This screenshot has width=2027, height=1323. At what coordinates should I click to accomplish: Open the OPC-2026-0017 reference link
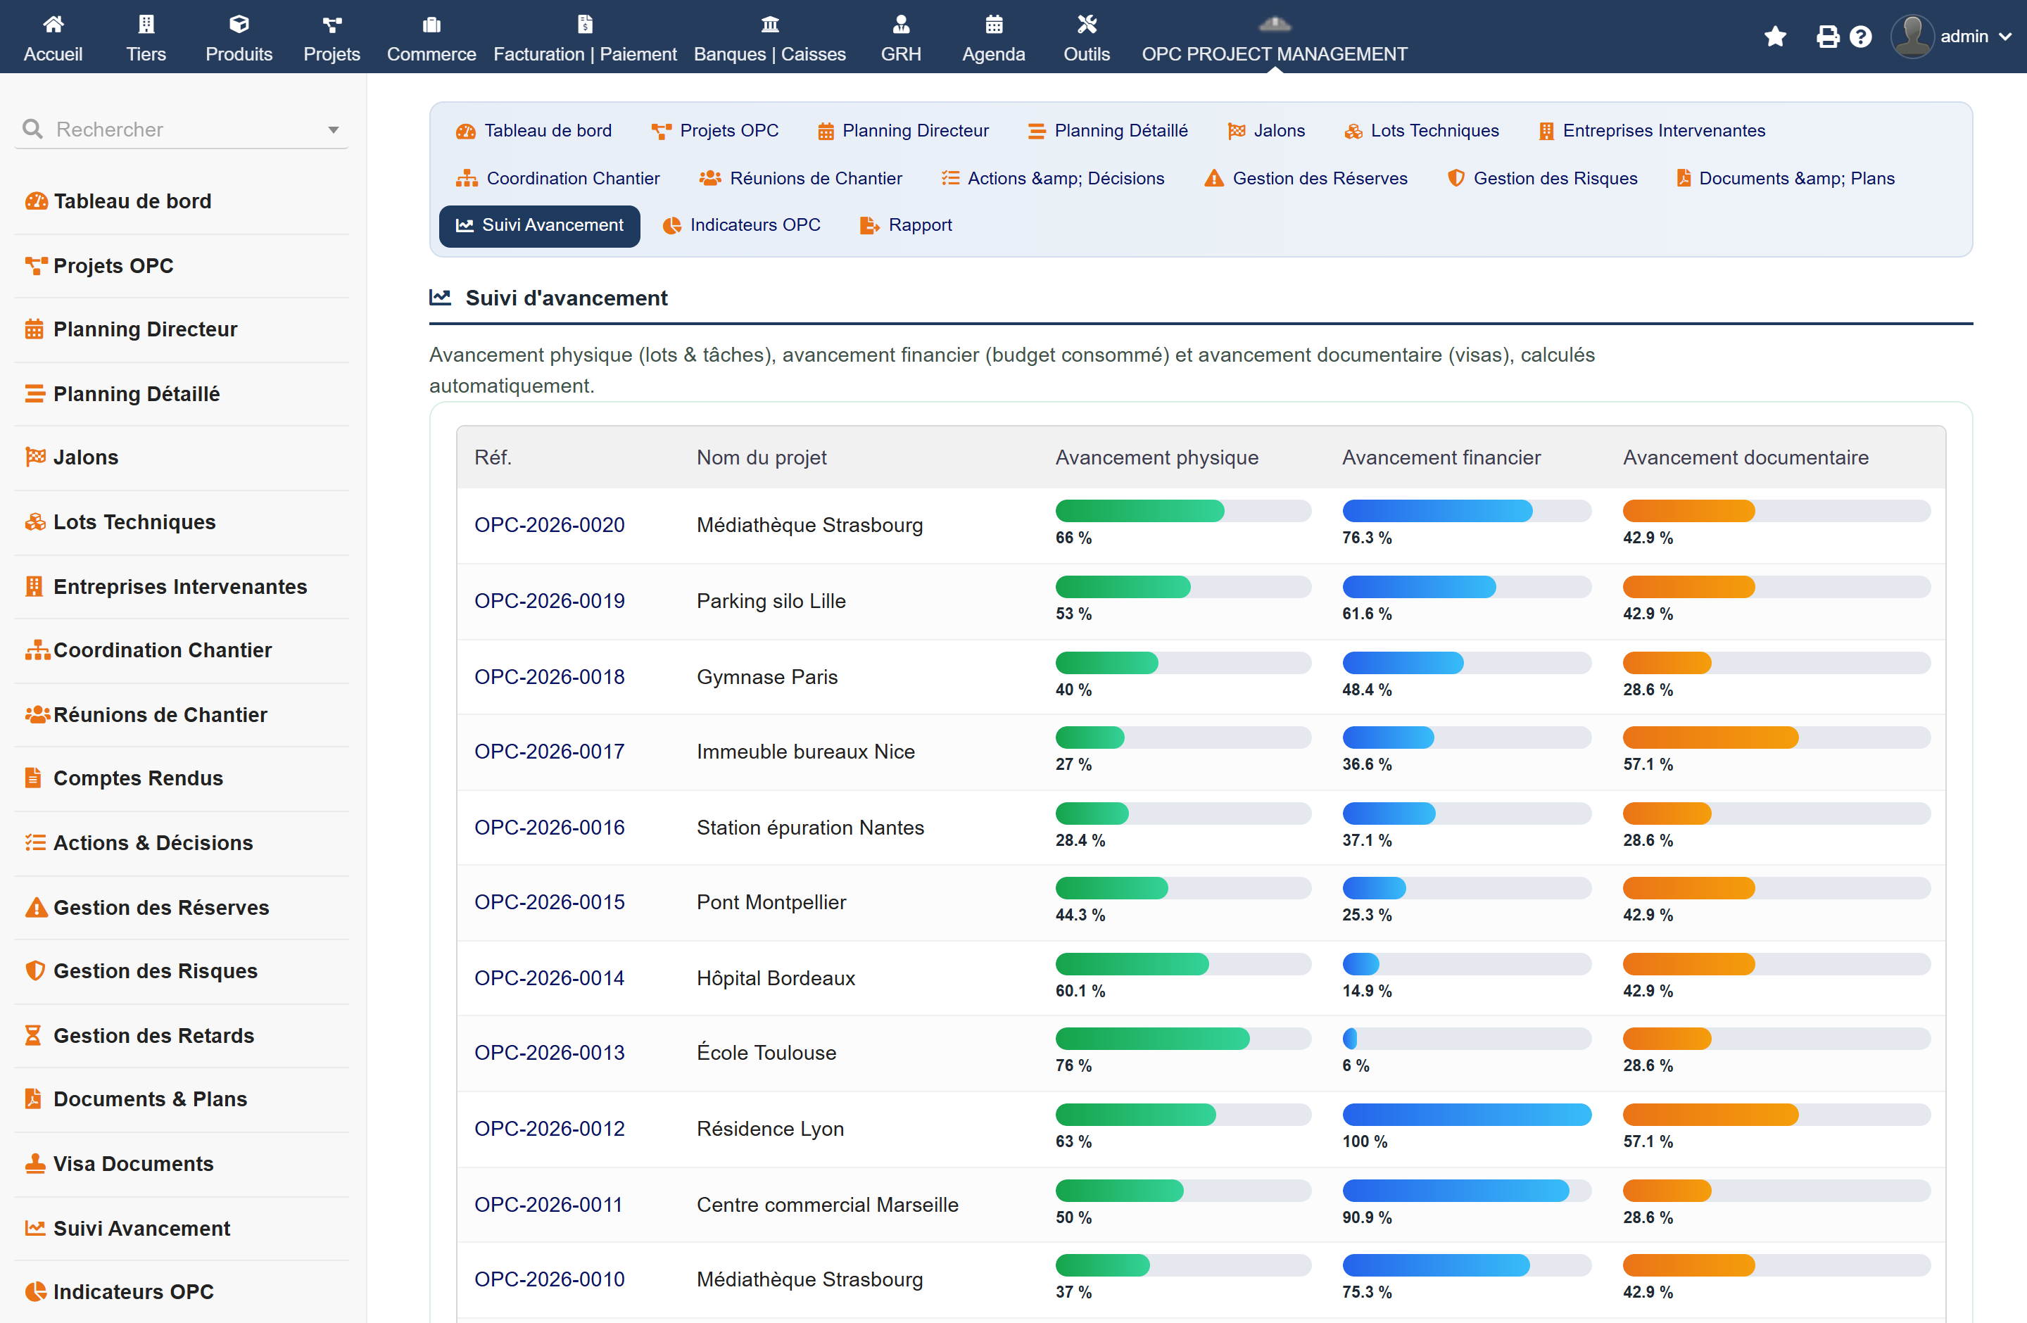tap(550, 752)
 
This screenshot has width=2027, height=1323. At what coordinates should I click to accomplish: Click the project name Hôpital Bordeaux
tap(776, 978)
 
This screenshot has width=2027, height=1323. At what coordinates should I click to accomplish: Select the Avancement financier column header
tap(1441, 457)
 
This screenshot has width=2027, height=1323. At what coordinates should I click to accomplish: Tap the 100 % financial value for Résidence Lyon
tap(1365, 1141)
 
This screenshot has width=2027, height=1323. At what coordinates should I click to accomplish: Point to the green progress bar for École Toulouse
tap(1152, 1039)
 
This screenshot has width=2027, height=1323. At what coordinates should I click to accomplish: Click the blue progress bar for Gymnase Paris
tap(1403, 662)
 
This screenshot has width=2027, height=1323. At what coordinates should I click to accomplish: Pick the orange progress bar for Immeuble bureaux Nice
tap(1710, 738)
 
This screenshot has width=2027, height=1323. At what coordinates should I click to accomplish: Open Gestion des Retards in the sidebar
tap(153, 1035)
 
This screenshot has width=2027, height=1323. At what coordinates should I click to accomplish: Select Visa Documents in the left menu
tap(133, 1164)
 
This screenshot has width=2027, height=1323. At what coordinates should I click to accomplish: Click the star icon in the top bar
tap(1775, 37)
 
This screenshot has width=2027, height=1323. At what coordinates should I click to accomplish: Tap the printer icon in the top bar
tap(1827, 37)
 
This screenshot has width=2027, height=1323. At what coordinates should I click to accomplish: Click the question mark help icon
tap(1861, 37)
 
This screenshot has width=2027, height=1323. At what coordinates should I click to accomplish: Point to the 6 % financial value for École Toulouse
tap(1356, 1066)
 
